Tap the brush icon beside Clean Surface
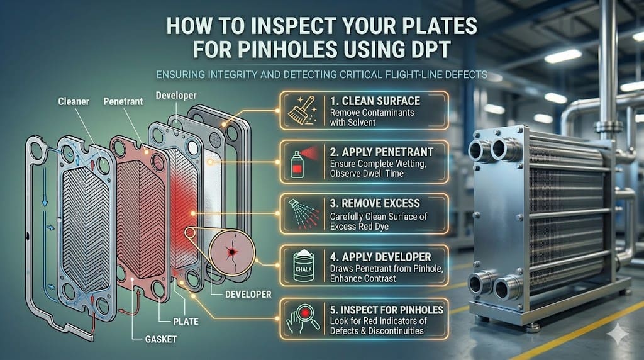click(x=303, y=110)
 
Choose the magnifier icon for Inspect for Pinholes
click(x=303, y=318)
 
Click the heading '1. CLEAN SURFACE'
click(x=375, y=101)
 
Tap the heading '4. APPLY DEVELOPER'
click(x=380, y=257)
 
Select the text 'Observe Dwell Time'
click(x=367, y=174)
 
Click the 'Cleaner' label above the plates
click(x=74, y=101)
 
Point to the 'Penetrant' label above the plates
click(x=123, y=101)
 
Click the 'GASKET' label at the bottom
click(x=161, y=339)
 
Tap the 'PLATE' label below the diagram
click(x=186, y=322)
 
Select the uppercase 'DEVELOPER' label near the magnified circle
click(x=248, y=295)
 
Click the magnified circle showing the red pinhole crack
click(x=232, y=252)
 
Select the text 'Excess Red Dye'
click(x=359, y=227)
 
